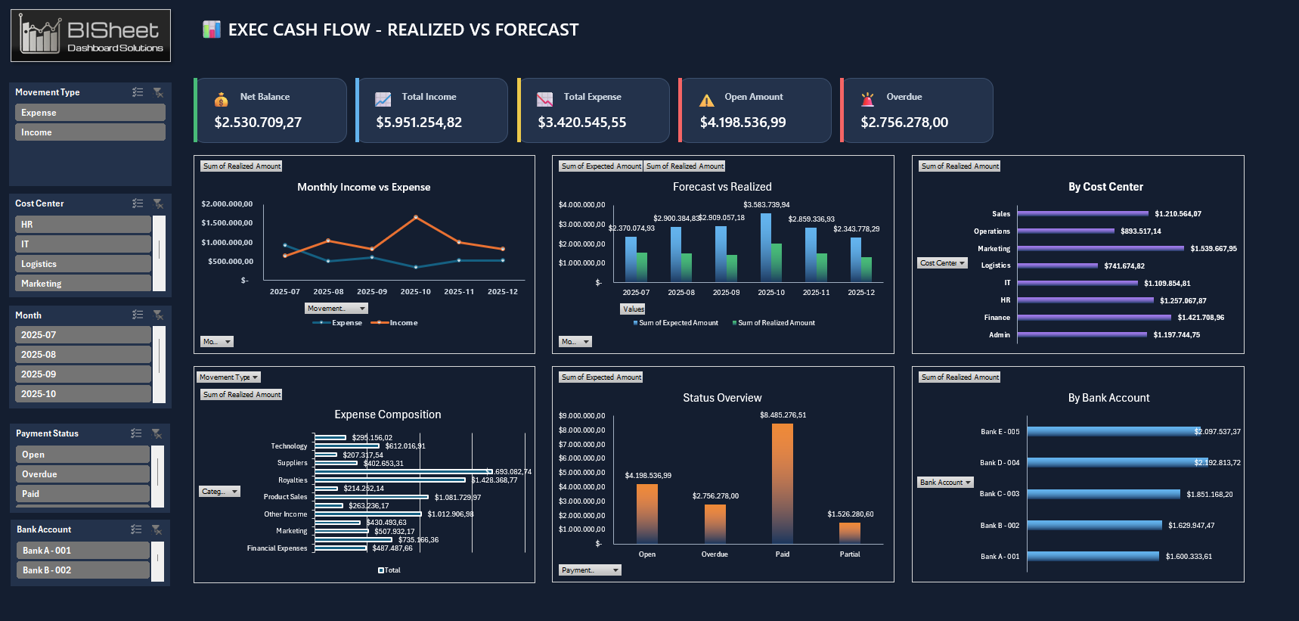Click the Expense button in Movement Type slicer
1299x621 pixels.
point(89,113)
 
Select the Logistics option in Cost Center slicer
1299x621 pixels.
point(82,264)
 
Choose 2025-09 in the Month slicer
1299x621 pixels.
point(82,374)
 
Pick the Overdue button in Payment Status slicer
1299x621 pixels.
point(82,474)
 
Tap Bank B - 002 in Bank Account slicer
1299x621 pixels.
point(82,570)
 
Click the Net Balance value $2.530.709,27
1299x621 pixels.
point(258,123)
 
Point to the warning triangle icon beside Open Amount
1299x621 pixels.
point(706,101)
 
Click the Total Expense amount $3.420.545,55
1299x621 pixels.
point(581,123)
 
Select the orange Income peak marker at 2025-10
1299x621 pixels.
point(416,217)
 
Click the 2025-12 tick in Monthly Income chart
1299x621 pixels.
point(502,292)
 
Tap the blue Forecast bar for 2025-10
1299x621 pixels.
point(766,247)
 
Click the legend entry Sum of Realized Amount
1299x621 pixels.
point(776,323)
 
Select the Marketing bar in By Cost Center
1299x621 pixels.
point(1100,249)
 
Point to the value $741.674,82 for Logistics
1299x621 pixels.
point(1124,266)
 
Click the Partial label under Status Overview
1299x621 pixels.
point(849,554)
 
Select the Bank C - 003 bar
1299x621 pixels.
point(1103,494)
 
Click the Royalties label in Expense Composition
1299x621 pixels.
point(293,480)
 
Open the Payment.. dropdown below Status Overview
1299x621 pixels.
point(590,570)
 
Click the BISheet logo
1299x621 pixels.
point(91,36)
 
